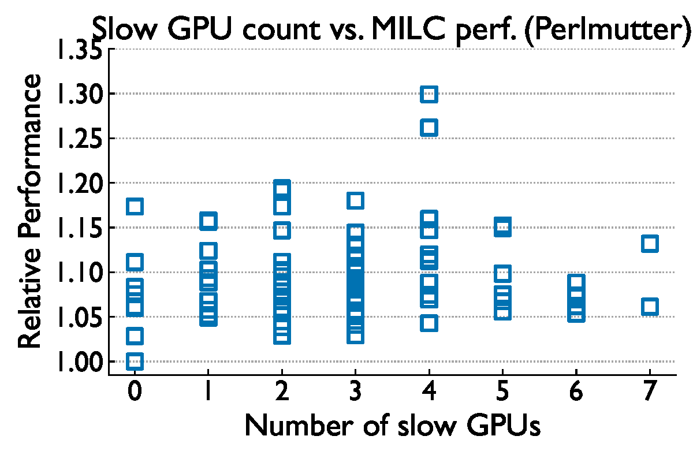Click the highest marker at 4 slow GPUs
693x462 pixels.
429,94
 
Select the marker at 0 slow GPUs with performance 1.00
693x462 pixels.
135,362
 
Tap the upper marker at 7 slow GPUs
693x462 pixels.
650,243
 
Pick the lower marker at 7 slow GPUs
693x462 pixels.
650,307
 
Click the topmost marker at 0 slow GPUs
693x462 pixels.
135,206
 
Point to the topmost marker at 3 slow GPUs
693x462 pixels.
355,200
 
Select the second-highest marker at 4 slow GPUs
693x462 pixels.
429,128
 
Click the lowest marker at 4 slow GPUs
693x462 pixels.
429,323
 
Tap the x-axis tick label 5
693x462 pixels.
502,393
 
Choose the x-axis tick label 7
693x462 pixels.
650,393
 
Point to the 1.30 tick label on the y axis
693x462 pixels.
79,94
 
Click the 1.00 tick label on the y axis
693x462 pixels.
79,362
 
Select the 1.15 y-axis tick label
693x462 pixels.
79,228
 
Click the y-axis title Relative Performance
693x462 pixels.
30,211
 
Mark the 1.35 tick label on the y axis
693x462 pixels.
79,50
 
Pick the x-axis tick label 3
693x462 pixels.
355,393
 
